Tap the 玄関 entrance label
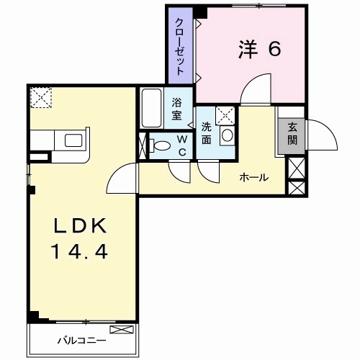292,134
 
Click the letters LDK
81,226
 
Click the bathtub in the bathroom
151,106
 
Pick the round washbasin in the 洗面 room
227,135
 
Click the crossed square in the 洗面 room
224,114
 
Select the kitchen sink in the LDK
73,139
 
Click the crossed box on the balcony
122,330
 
